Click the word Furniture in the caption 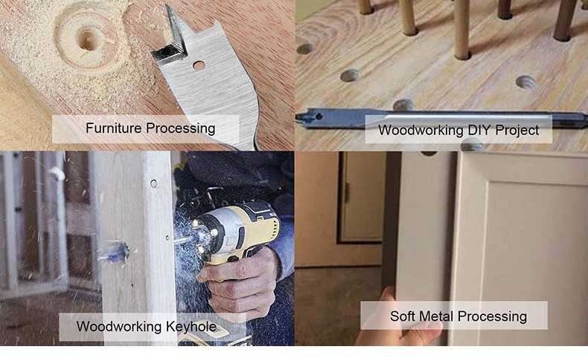click(113, 128)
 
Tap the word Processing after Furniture click(180, 128)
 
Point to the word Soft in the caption click(405, 316)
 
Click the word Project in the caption click(517, 131)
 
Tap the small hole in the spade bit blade click(199, 65)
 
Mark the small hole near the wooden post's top click(153, 183)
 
